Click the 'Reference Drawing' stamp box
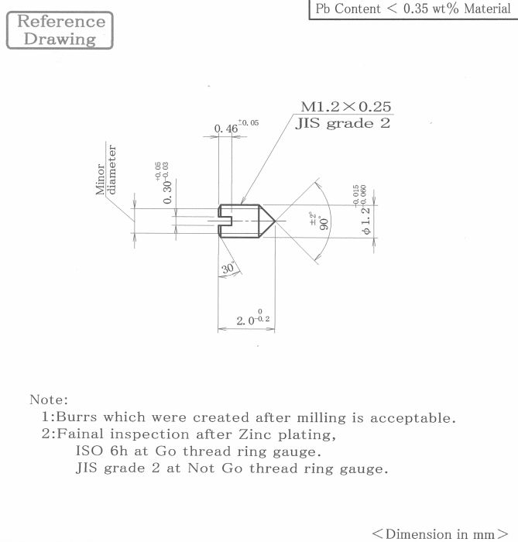coord(60,30)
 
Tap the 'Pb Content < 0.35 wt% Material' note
coord(413,9)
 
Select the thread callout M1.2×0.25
coord(346,107)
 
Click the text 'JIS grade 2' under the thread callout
coord(343,123)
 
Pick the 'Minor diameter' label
coord(106,170)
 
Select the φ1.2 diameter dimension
coord(362,210)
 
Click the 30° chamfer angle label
coord(228,268)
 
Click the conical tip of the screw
coord(275,221)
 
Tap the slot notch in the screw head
coord(225,221)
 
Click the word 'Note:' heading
coord(49,400)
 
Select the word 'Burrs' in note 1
coord(77,417)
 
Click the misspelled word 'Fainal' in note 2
coord(80,434)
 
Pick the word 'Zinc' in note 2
coord(255,434)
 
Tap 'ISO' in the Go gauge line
coord(89,451)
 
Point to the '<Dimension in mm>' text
coord(440,533)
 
